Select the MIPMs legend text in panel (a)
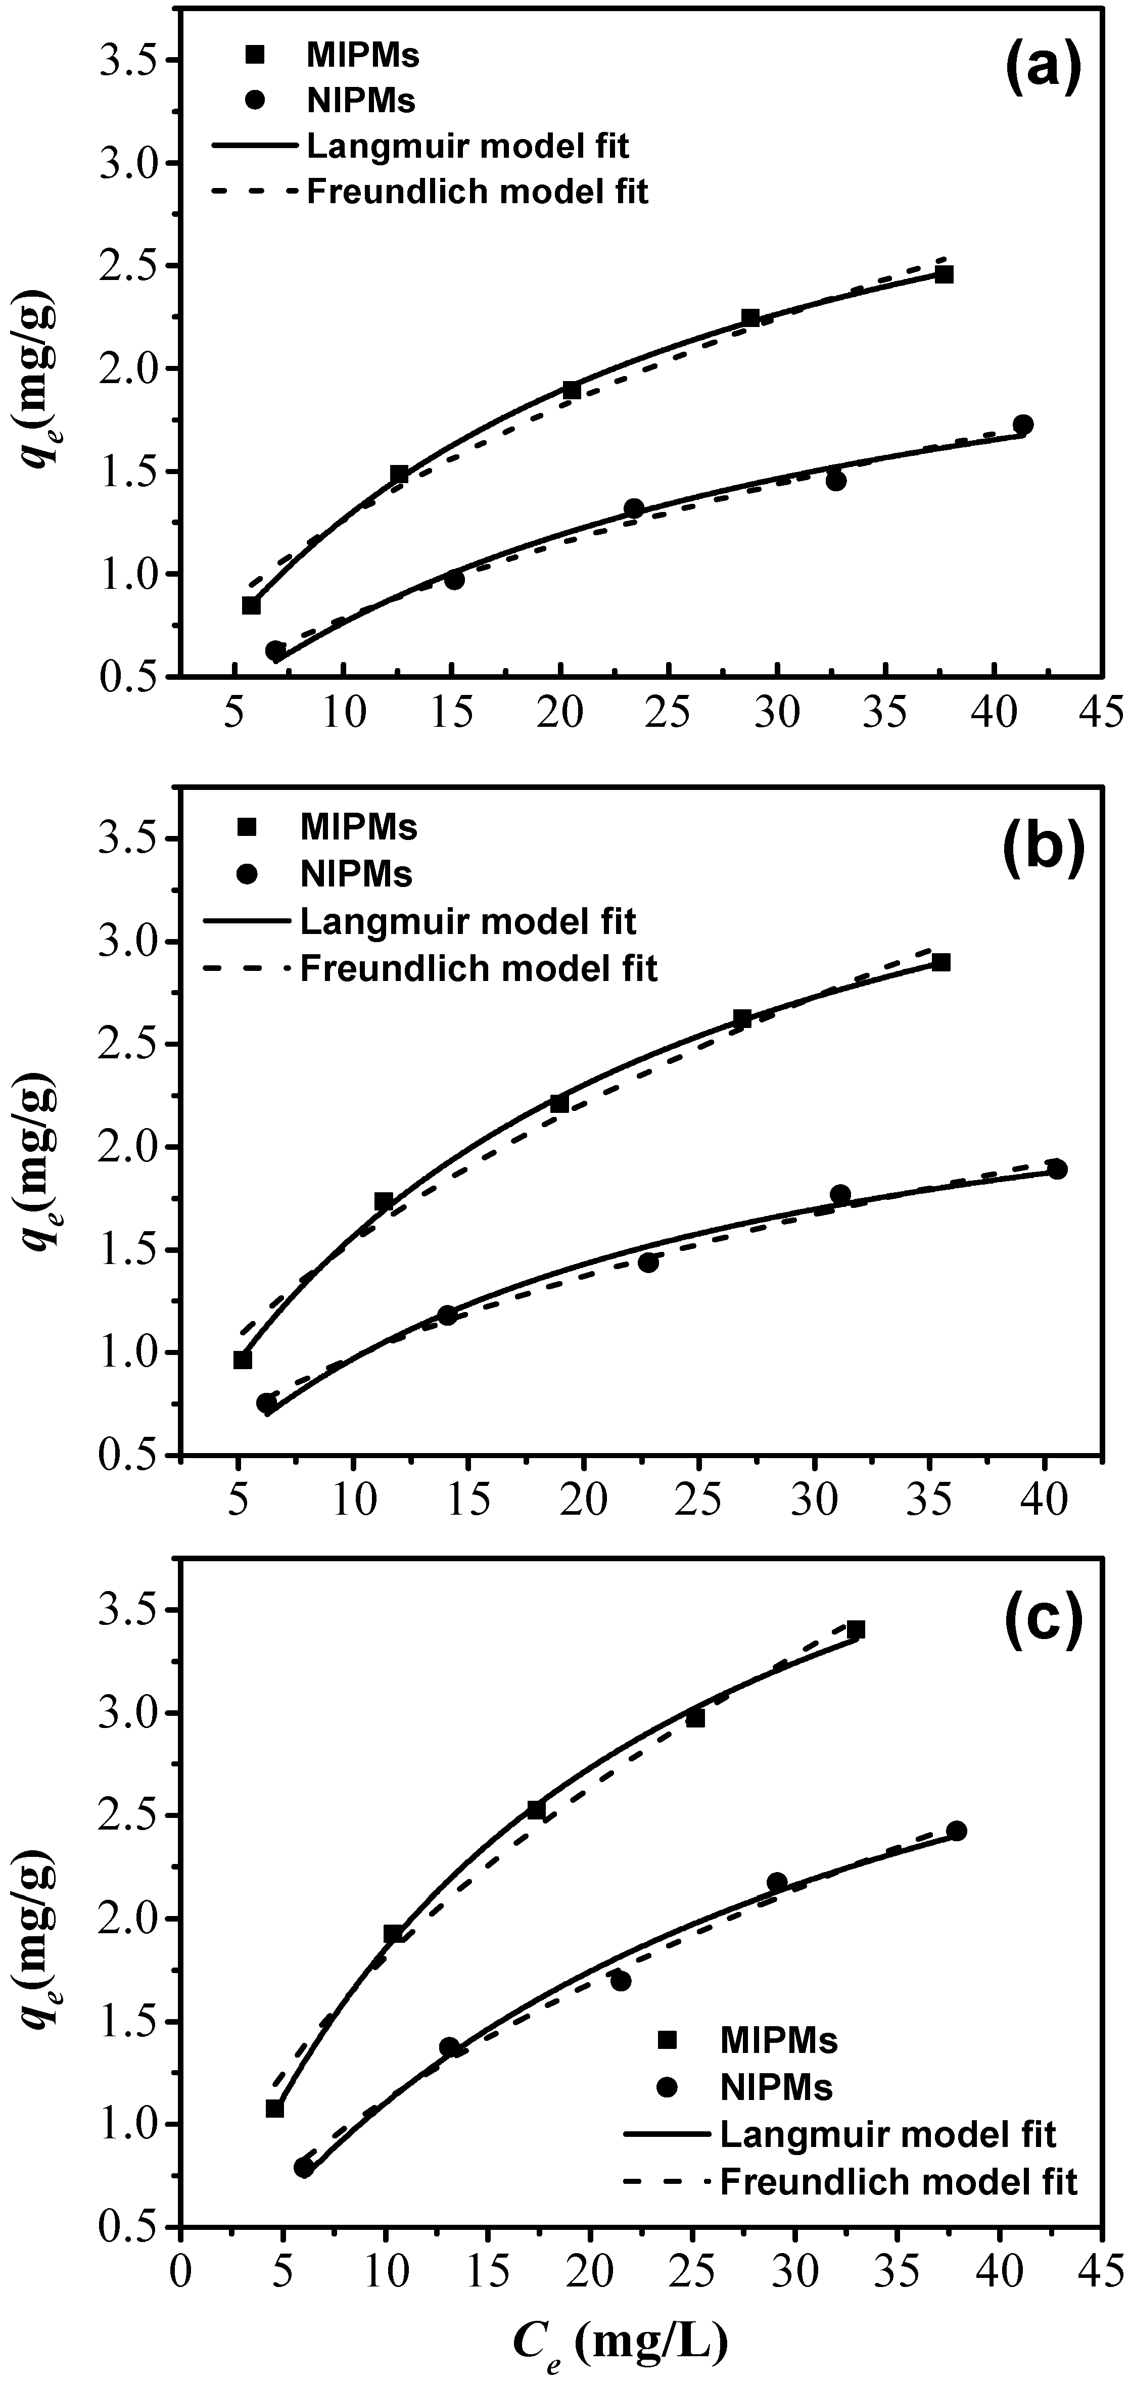pyautogui.click(x=362, y=56)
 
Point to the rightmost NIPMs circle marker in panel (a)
pyautogui.click(x=1023, y=425)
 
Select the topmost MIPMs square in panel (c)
pyautogui.click(x=856, y=1655)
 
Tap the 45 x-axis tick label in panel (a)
pyautogui.click(x=1100, y=712)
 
